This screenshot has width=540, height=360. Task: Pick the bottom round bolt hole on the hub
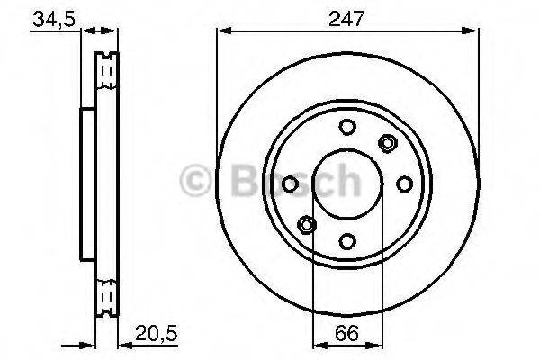347,240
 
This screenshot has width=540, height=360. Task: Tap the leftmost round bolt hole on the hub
291,184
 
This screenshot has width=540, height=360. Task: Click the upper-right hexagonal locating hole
388,142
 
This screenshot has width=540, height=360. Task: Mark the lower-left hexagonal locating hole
306,224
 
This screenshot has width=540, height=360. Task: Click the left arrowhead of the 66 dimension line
317,344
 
